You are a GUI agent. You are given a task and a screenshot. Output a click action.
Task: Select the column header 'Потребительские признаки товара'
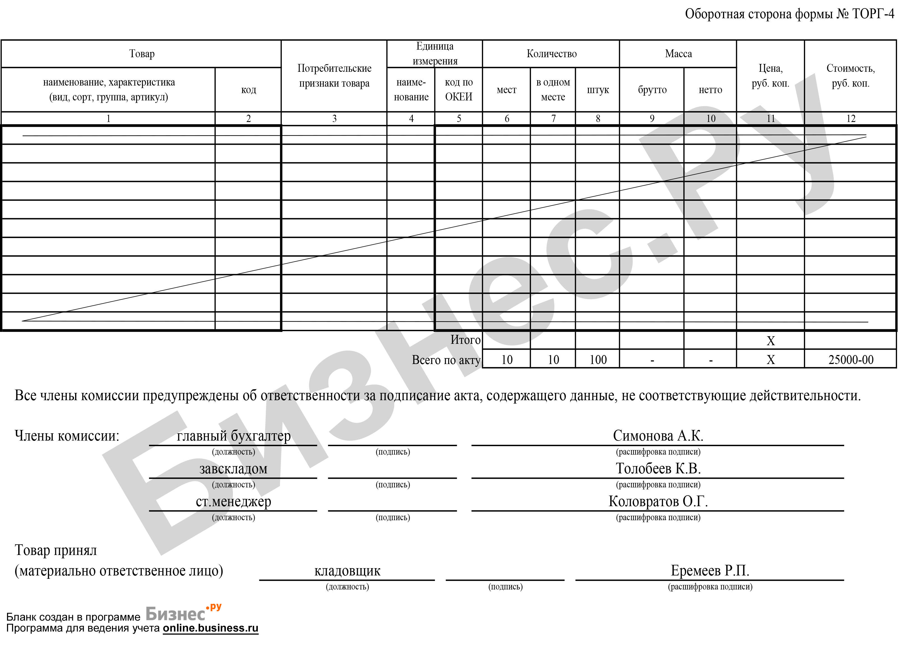(x=334, y=76)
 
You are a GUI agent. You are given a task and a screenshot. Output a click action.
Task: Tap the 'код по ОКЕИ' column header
(x=458, y=89)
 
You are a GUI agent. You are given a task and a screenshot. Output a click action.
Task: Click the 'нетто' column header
(x=710, y=90)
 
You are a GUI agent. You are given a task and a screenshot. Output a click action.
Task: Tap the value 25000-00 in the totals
(x=851, y=360)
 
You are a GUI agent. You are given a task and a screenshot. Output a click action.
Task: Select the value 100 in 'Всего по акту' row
(x=598, y=360)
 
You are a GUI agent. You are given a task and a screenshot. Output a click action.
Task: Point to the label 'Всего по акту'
(x=446, y=360)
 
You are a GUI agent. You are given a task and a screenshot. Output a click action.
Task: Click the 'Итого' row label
(x=465, y=340)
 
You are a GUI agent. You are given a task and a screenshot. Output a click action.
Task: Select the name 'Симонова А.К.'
(x=658, y=436)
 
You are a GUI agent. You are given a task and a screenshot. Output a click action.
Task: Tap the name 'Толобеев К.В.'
(x=658, y=469)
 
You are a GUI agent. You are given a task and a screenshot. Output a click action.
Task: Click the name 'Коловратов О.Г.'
(x=658, y=501)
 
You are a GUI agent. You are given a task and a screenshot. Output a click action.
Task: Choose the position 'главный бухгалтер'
(x=234, y=436)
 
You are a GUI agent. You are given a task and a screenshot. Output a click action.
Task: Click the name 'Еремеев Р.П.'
(x=710, y=570)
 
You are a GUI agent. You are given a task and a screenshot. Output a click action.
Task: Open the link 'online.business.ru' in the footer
(x=210, y=628)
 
